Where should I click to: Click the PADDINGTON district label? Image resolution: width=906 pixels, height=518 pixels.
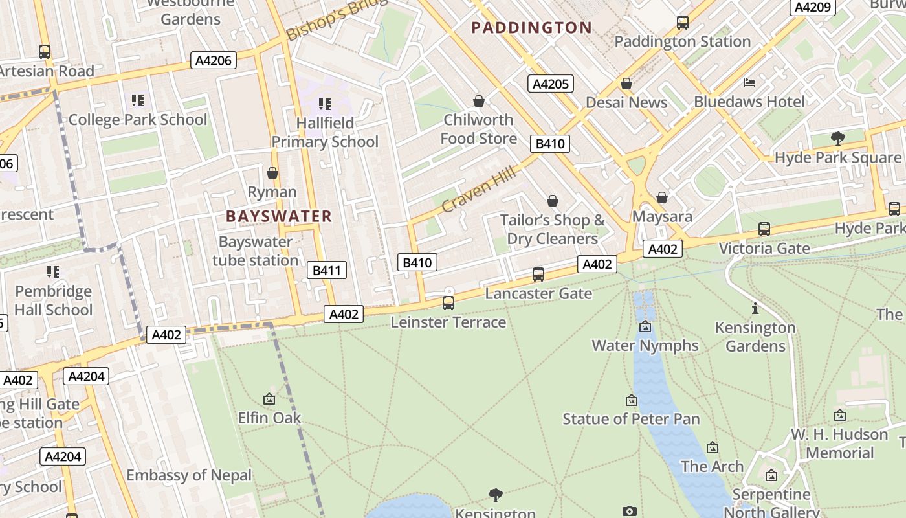[x=531, y=27]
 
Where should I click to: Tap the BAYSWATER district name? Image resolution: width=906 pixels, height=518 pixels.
[x=279, y=216]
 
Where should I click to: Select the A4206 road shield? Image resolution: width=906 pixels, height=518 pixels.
[x=214, y=61]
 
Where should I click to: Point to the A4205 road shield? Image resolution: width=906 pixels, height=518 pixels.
[x=550, y=84]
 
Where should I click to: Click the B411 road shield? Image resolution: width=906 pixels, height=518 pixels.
[x=326, y=271]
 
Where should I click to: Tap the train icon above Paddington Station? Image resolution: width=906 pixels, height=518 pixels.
[x=682, y=23]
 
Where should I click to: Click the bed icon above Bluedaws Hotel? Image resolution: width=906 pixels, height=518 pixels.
[x=749, y=83]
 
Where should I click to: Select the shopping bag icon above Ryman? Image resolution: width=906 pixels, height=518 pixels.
[x=272, y=173]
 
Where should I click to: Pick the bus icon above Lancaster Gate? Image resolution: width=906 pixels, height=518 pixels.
[x=538, y=275]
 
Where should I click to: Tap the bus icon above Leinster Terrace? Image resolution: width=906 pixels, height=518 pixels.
[x=448, y=302]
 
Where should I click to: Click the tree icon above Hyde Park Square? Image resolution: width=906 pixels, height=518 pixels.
[x=837, y=138]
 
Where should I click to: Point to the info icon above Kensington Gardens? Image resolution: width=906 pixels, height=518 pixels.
[x=755, y=308]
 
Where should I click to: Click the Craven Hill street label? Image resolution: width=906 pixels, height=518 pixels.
[x=479, y=188]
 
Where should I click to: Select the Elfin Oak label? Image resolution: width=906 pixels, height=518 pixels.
[x=269, y=418]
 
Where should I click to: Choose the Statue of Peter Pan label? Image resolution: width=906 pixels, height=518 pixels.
[x=631, y=419]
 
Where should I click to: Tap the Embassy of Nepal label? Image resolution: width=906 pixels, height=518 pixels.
[x=189, y=475]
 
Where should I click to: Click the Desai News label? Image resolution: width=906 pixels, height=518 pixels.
[x=626, y=102]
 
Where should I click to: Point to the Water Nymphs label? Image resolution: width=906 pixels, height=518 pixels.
[x=645, y=345]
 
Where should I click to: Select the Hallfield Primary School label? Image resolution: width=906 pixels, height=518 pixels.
[x=325, y=132]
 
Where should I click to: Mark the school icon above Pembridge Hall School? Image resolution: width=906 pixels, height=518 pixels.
[x=53, y=272]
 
